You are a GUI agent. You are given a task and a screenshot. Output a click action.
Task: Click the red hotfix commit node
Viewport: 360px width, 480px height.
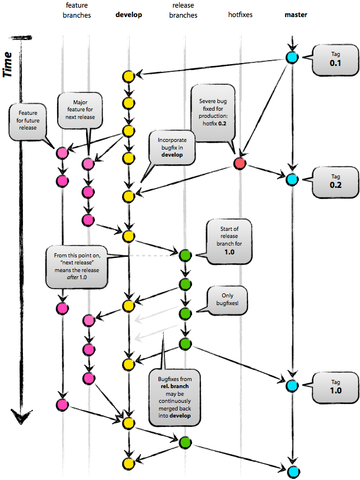(x=239, y=163)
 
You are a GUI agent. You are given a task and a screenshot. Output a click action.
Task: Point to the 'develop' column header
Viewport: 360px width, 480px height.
(x=128, y=15)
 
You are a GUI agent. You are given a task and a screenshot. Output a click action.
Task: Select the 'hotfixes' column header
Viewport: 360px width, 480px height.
(x=240, y=15)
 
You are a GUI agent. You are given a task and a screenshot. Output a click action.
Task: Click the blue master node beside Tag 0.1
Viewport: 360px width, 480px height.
(x=292, y=58)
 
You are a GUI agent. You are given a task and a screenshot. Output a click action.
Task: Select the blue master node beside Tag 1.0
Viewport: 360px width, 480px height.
(x=292, y=386)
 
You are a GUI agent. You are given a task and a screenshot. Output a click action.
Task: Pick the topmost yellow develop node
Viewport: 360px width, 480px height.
(x=128, y=76)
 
